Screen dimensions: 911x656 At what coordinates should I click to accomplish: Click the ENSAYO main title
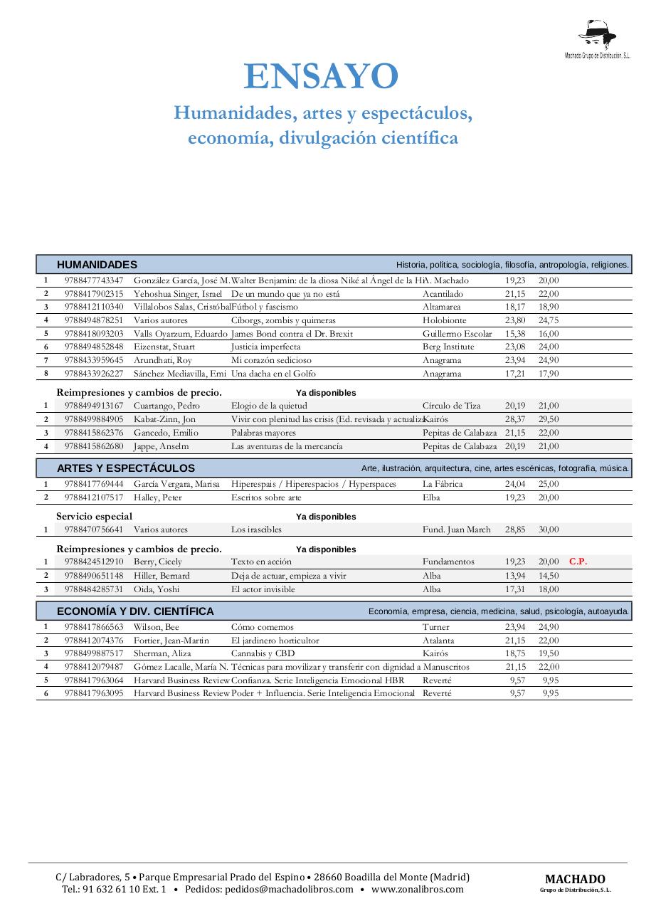(321, 78)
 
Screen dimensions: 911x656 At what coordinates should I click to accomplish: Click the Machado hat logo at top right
(597, 35)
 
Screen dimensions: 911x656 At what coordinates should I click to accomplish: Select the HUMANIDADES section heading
(97, 265)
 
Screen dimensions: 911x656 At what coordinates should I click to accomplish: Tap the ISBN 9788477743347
(93, 280)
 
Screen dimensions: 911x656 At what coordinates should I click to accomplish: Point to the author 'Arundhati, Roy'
(163, 360)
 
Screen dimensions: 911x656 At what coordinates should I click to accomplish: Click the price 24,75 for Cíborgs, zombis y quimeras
(548, 320)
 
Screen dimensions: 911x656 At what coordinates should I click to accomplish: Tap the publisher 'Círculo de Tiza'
(451, 406)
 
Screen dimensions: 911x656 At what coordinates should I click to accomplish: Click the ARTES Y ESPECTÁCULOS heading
(126, 468)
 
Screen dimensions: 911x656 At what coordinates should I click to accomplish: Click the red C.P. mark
(578, 562)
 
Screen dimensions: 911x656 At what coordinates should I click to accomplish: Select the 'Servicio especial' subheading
(95, 516)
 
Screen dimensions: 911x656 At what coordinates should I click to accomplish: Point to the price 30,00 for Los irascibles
(548, 530)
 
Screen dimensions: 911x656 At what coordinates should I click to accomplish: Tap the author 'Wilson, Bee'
(157, 627)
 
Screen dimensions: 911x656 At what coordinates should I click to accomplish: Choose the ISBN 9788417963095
(93, 693)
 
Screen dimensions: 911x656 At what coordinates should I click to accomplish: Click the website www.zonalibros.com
(417, 889)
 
